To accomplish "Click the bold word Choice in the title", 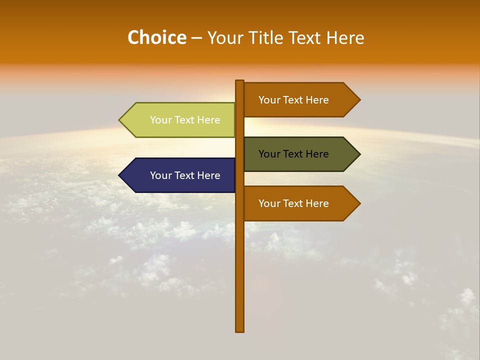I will tap(156, 37).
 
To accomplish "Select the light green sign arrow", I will tap(180, 120).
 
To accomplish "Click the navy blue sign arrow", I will tap(180, 175).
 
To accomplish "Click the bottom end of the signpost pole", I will tap(240, 330).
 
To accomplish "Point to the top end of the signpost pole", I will tap(240, 82).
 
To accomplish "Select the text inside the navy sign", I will tap(185, 175).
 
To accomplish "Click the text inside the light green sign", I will tap(185, 120).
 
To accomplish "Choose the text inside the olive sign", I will tap(293, 154).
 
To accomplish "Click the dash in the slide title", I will tap(196, 38).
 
